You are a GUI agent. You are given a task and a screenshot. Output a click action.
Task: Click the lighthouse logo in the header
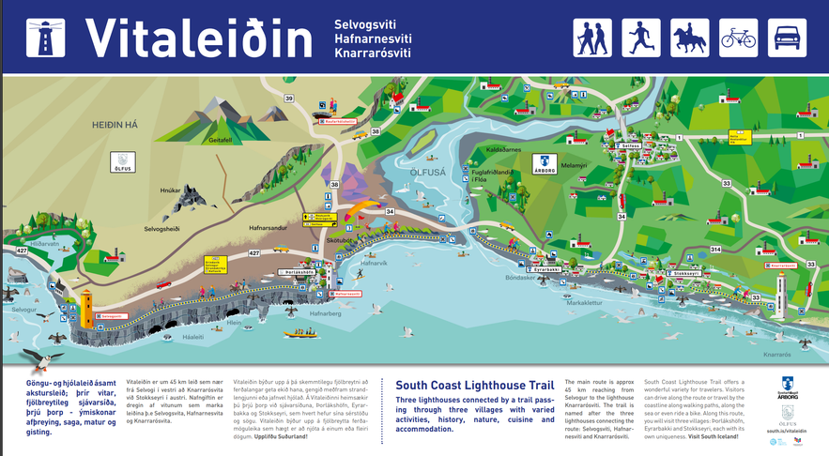42,38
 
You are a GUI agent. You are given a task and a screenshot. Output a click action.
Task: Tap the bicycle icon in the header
738,38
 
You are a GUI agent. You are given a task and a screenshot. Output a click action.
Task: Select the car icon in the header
788,38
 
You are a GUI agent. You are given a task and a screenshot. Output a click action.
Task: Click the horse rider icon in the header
689,38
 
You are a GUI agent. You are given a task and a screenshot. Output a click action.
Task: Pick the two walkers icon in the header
592,38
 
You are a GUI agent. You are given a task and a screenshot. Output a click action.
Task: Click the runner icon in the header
640,38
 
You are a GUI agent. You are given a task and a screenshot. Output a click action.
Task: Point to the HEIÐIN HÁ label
115,124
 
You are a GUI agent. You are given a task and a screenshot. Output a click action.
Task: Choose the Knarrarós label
778,355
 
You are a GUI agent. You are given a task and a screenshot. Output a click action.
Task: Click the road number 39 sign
288,98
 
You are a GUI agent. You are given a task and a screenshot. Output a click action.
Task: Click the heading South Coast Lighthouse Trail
473,385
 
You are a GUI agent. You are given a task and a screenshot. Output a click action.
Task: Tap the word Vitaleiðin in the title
199,38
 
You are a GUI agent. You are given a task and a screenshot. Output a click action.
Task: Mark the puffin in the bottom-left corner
35,358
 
